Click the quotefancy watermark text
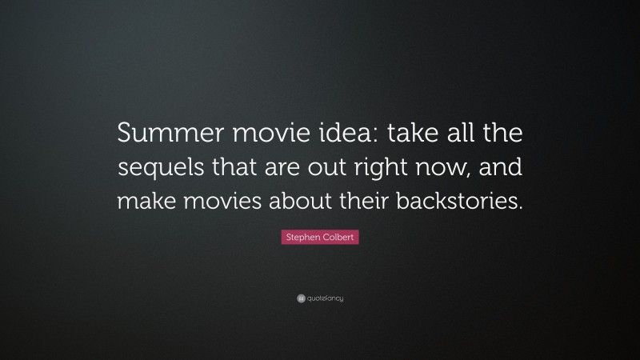pos(326,298)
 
